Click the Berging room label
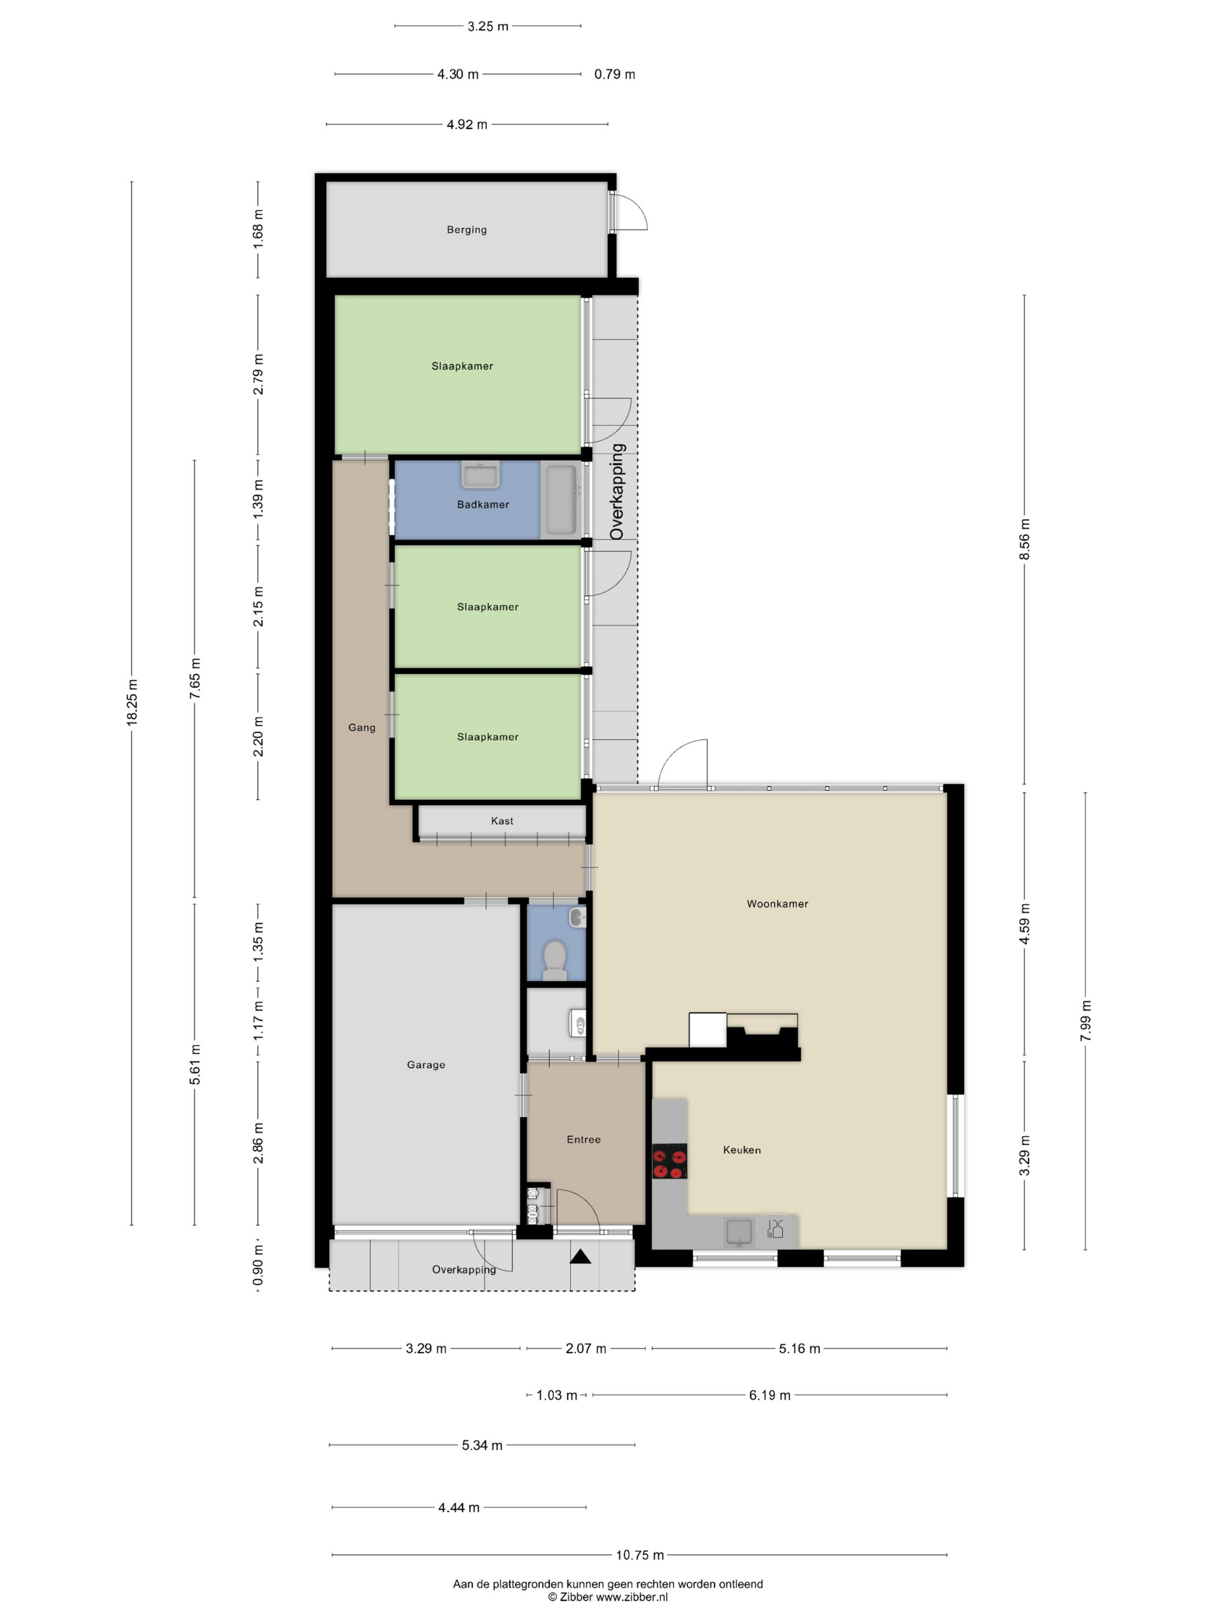(467, 229)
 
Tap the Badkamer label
(483, 505)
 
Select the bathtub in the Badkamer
(561, 499)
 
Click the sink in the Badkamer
(480, 474)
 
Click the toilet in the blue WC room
(555, 960)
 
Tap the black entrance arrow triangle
(581, 1257)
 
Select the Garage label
(426, 1065)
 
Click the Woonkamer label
(778, 903)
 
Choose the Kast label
(502, 820)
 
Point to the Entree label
(584, 1139)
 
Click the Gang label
(362, 728)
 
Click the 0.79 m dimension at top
(615, 74)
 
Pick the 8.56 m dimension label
(1025, 539)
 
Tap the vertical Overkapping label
(617, 491)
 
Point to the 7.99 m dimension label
(1087, 1020)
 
